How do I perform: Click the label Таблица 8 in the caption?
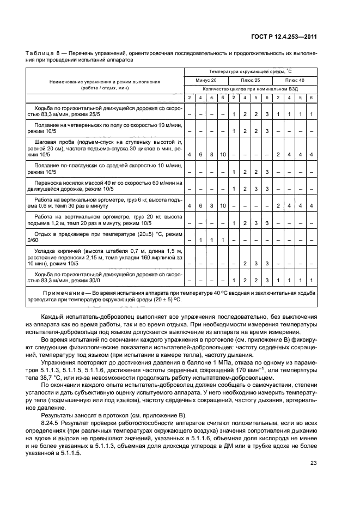point(41,53)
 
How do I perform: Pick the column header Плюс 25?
point(250,80)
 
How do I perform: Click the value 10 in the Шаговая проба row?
point(223,155)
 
